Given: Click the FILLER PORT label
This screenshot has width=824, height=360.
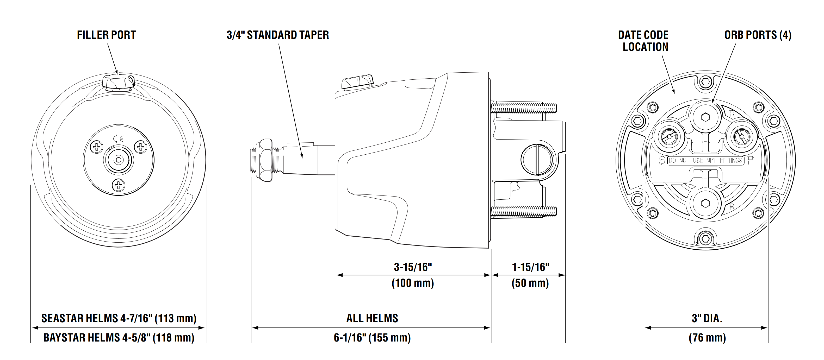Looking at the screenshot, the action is pos(106,35).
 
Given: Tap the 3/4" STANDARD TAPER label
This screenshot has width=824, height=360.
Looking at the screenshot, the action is pos(278,35).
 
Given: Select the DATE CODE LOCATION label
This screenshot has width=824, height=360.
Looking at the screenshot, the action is pos(643,41).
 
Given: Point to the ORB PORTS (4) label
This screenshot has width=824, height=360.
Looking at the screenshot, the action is pos(758,35).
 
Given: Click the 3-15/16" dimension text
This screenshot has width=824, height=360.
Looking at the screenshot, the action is pos(413,267).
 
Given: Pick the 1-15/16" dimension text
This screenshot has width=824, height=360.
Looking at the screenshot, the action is pos(531,267).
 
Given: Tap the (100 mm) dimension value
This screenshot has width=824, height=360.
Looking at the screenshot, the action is pos(413,283).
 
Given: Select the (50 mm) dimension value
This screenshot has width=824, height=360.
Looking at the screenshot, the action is pos(530,283).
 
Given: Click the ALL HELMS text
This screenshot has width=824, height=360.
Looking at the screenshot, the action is pos(372,318).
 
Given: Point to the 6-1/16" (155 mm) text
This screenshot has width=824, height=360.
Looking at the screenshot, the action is pos(372,338).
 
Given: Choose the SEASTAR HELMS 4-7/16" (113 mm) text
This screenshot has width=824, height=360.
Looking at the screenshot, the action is pos(119,318).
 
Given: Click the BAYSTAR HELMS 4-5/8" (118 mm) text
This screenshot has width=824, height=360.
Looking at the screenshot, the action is pos(119,338).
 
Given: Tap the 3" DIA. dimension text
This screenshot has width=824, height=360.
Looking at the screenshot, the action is pos(707,318).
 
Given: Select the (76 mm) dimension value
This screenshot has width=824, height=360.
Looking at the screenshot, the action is pos(707,338).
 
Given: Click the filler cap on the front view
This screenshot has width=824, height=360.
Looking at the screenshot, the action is pos(118,82).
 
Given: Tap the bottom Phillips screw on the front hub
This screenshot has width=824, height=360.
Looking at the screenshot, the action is pos(119,185).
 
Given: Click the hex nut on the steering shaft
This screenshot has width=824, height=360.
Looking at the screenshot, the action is pos(264,160).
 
